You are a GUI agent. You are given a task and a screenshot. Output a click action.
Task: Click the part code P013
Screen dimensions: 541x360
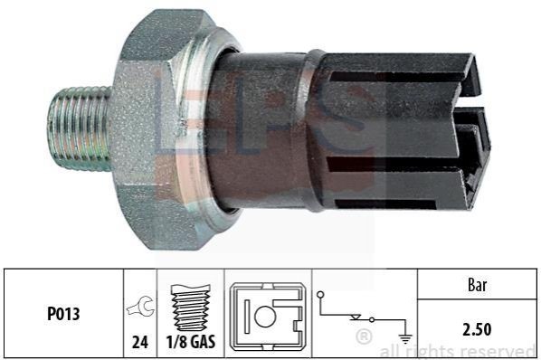(63, 314)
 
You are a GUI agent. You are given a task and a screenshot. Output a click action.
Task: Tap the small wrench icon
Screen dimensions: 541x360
(140, 306)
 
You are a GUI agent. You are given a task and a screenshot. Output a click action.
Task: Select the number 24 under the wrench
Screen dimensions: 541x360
(140, 342)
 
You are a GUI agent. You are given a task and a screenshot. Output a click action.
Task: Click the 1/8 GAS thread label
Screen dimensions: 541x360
(191, 342)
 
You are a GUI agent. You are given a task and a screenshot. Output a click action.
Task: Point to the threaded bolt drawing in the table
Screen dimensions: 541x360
(191, 308)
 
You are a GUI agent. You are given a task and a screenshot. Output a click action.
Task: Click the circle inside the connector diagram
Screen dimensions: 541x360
(265, 317)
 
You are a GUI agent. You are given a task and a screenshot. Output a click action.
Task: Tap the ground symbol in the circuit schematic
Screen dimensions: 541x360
(405, 338)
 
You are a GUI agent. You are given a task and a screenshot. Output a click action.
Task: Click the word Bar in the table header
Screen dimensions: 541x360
(478, 285)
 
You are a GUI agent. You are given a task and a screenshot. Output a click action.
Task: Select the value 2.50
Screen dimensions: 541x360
(477, 329)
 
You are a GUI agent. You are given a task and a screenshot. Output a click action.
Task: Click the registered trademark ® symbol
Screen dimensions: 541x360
(364, 336)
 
